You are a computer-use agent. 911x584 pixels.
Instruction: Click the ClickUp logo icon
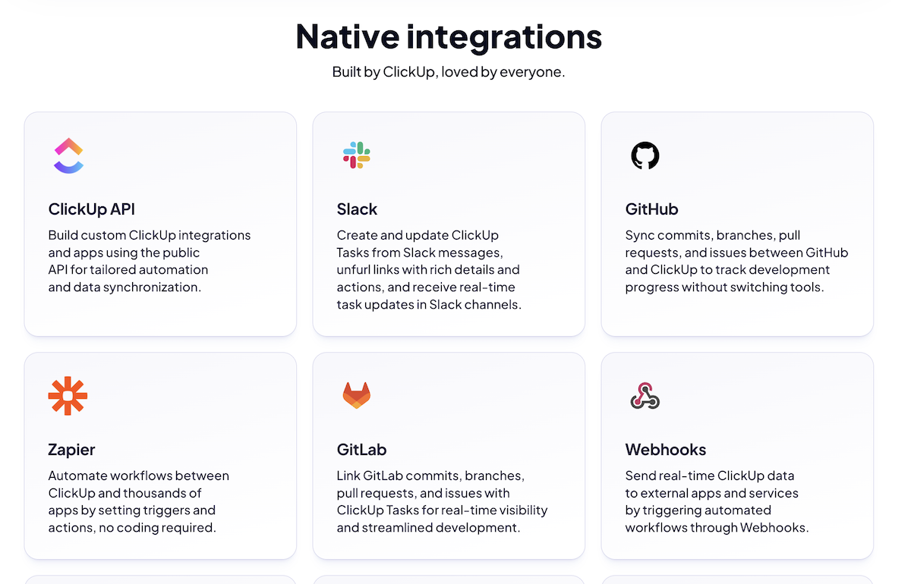point(68,155)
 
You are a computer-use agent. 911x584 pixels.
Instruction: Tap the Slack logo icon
point(356,155)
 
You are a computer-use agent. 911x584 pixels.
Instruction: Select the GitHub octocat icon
point(645,155)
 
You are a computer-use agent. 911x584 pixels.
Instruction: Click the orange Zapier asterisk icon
point(68,396)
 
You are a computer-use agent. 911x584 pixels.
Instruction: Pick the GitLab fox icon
point(356,395)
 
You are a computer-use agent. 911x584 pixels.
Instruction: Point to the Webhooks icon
point(645,396)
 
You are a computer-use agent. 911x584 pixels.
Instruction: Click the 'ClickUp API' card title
point(91,209)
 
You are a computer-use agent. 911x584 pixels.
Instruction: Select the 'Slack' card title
point(357,209)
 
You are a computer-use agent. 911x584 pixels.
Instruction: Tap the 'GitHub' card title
point(651,209)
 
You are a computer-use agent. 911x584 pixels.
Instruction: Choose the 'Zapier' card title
point(71,450)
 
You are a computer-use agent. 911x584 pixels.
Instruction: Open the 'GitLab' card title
point(361,450)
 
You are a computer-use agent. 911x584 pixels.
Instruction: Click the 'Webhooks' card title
point(665,450)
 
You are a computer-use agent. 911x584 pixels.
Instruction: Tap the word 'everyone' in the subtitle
point(531,73)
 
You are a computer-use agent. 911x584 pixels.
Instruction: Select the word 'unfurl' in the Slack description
point(354,269)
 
